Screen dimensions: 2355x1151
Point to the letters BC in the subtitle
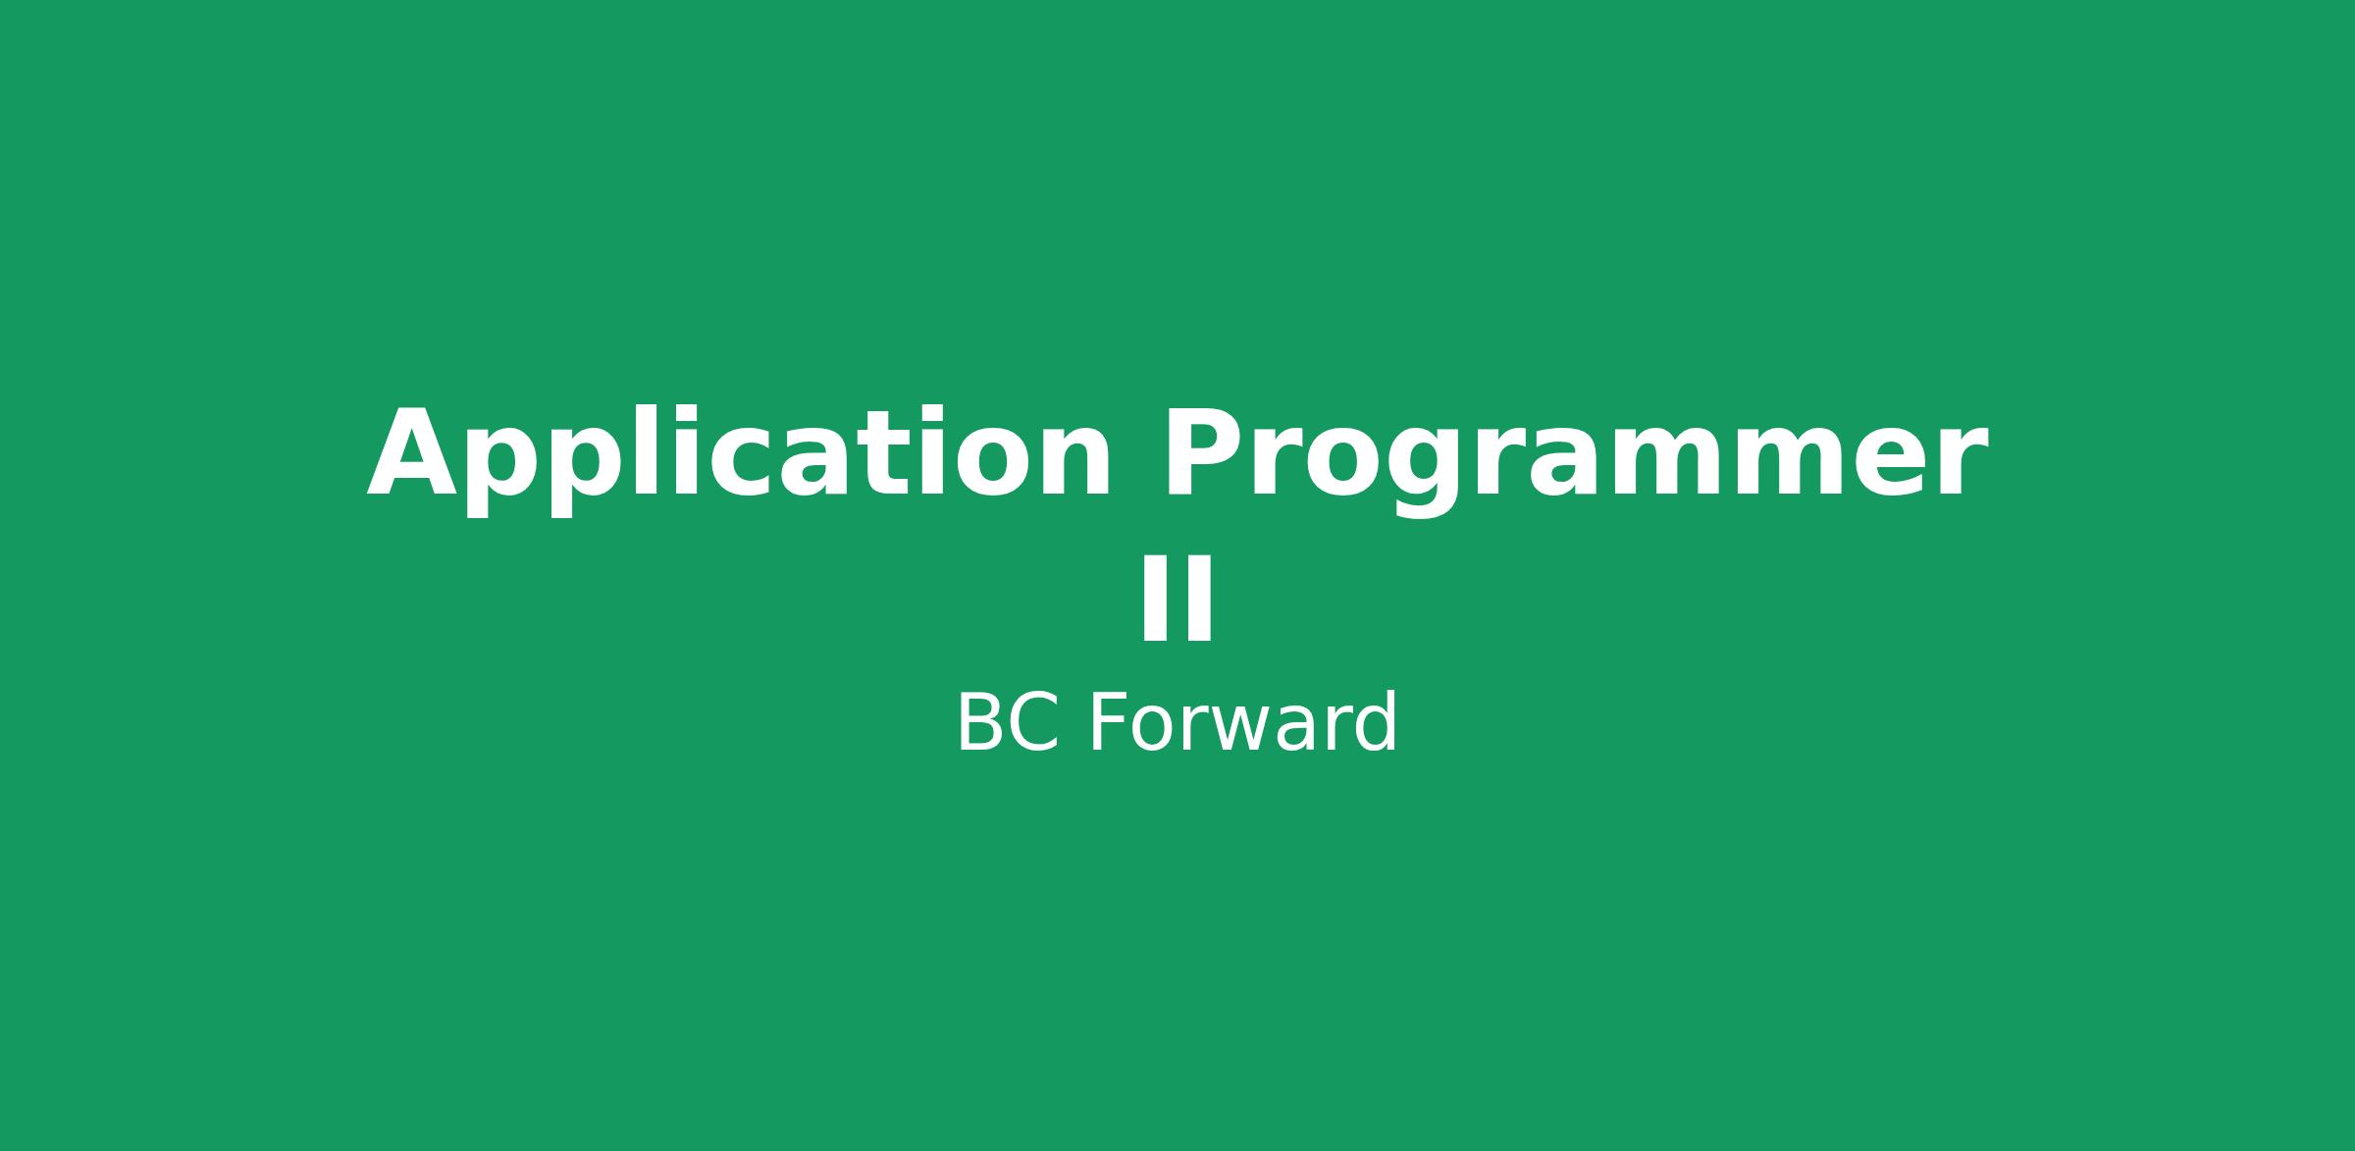(x=1007, y=723)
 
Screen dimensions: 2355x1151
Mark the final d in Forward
(x=1374, y=723)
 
